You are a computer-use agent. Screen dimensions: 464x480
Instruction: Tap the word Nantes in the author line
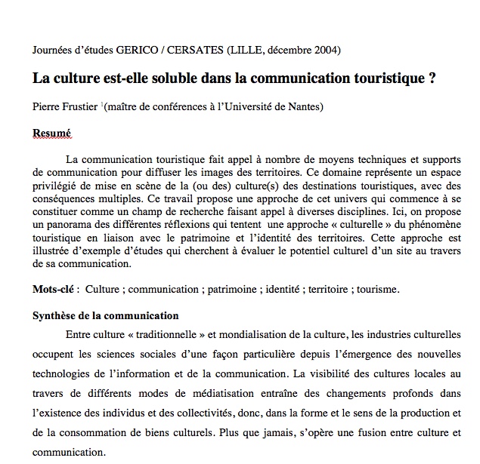coord(303,107)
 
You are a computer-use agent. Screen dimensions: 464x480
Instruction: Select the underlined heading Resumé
coord(51,133)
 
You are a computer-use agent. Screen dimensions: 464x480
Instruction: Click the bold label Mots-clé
coord(57,289)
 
